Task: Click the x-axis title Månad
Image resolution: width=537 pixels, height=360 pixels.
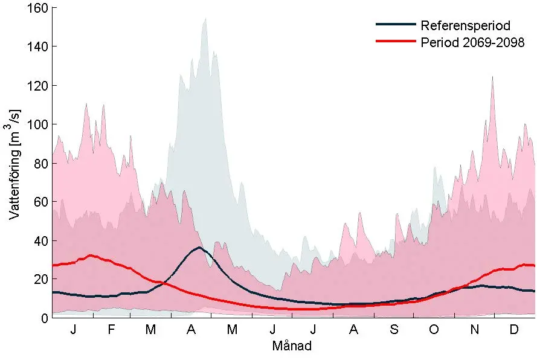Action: pos(292,346)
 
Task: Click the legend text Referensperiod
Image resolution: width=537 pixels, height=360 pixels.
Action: pos(465,26)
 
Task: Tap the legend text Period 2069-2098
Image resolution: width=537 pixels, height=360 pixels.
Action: pos(472,42)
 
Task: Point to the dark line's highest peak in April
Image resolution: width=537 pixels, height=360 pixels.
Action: pos(199,247)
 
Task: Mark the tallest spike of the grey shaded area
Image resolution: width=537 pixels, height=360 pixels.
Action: pos(205,19)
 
